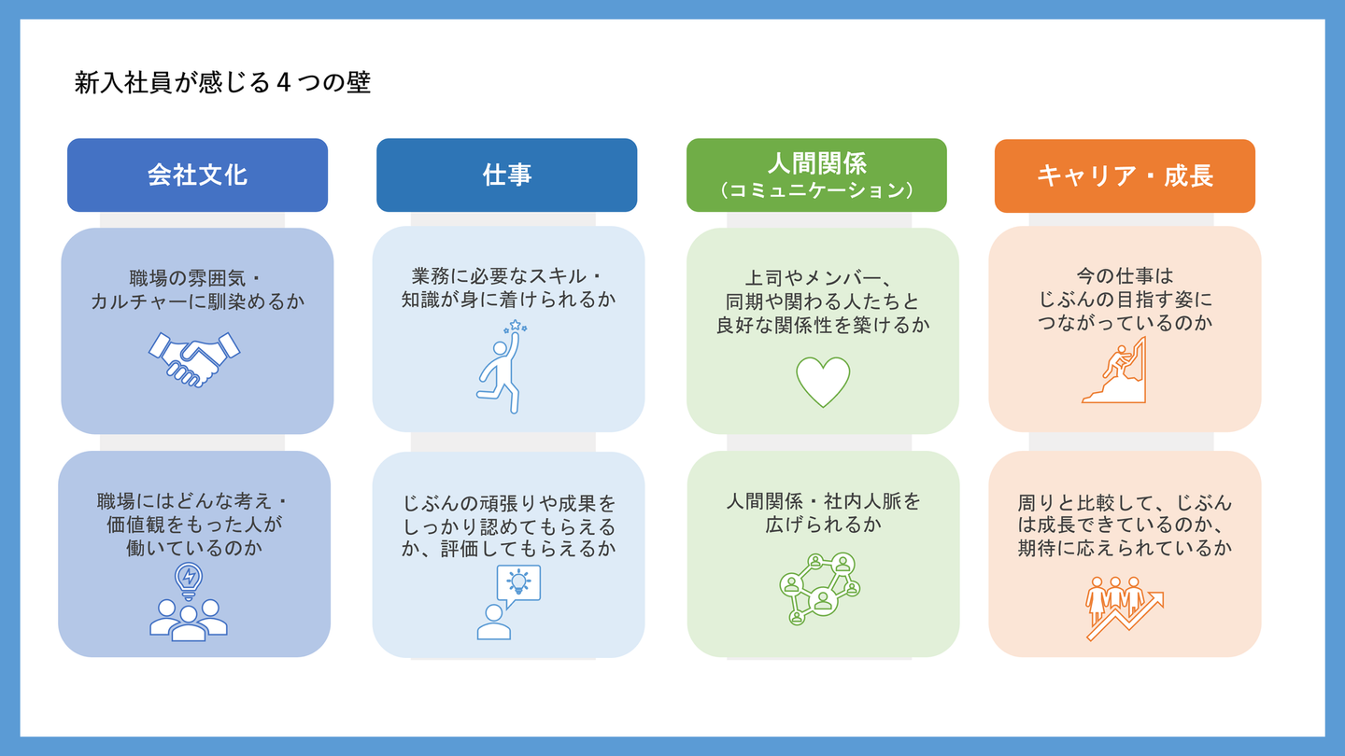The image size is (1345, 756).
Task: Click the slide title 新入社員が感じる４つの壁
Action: click(x=222, y=83)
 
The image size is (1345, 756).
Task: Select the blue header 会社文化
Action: click(x=197, y=175)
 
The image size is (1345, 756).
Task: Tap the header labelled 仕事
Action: click(x=506, y=175)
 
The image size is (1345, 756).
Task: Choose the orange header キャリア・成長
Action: click(x=1125, y=175)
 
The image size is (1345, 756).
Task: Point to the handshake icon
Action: click(x=194, y=358)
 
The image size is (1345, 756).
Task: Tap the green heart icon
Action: click(x=823, y=381)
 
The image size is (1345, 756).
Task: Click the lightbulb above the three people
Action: click(x=189, y=579)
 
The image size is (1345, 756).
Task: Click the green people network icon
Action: click(x=819, y=588)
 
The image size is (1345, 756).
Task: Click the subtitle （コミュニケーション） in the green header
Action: click(x=816, y=190)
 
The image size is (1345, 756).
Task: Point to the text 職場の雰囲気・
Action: click(x=197, y=278)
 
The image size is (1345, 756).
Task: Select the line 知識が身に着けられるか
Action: click(x=508, y=301)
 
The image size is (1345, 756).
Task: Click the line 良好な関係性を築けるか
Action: click(x=822, y=325)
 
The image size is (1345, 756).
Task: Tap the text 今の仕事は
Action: click(x=1125, y=276)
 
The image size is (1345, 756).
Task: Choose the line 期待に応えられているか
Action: click(x=1125, y=549)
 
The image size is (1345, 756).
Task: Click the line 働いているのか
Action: click(x=194, y=549)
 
